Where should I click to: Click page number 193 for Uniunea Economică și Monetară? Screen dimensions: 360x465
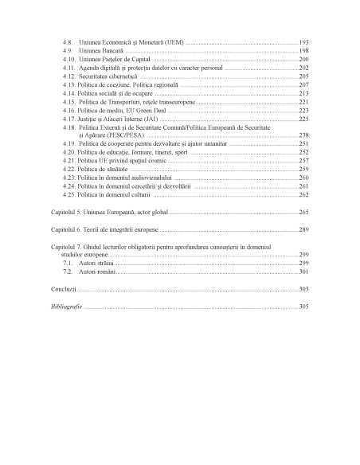pos(303,41)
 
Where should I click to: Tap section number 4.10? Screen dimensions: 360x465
pos(69,60)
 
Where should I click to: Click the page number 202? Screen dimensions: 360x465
pos(303,69)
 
